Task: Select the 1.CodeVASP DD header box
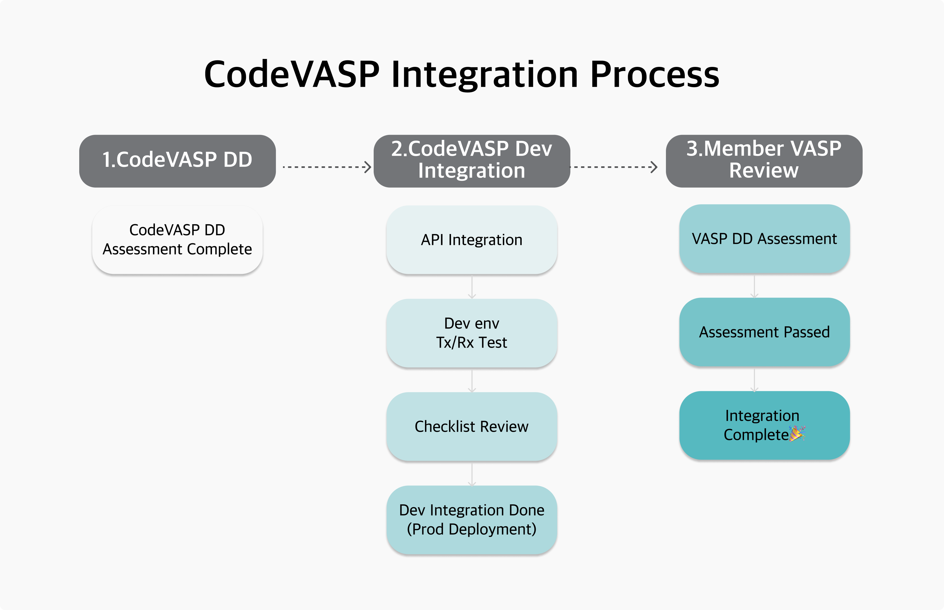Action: [x=178, y=161]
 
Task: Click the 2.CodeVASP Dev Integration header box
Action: [x=472, y=161]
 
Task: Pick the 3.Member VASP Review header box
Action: [x=764, y=161]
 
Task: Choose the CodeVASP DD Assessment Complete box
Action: [x=178, y=240]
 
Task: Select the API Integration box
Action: [x=472, y=240]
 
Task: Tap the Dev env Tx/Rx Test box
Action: [x=472, y=333]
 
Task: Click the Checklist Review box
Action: [x=472, y=427]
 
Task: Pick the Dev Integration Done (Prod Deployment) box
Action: [x=472, y=520]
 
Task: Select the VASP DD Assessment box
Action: [x=765, y=239]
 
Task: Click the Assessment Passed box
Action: [x=765, y=332]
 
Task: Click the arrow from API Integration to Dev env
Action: [x=472, y=287]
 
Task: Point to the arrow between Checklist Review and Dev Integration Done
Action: [x=472, y=474]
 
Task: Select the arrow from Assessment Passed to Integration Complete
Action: [x=754, y=380]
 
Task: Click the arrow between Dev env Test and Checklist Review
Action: [x=472, y=381]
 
